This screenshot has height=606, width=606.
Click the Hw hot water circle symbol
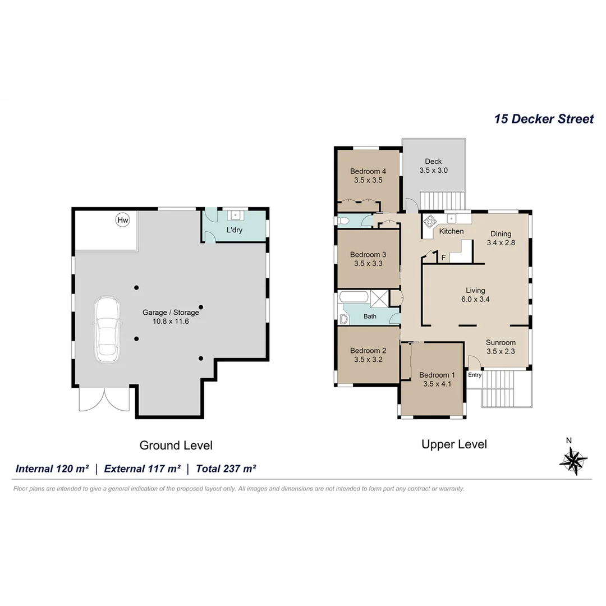click(122, 220)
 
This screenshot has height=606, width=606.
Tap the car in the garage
click(107, 329)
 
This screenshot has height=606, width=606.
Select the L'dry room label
click(235, 230)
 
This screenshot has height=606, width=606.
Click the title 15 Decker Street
click(543, 119)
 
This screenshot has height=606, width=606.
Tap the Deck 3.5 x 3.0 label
click(433, 166)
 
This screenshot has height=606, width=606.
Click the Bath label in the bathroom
click(370, 316)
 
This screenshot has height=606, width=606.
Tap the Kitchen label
click(451, 231)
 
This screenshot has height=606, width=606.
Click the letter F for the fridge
click(443, 258)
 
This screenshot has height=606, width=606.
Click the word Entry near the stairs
click(475, 375)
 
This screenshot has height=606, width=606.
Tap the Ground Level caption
click(176, 446)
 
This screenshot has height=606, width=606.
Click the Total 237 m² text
click(226, 469)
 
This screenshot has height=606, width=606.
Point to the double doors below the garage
click(104, 400)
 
